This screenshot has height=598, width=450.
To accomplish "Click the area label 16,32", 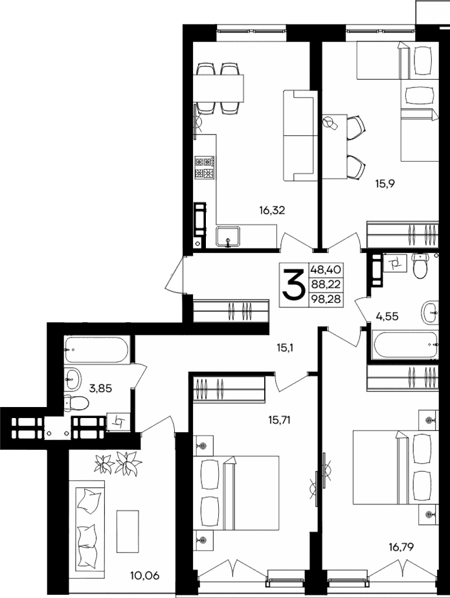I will tap(272, 210).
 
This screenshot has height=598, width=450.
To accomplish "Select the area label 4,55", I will tap(388, 317).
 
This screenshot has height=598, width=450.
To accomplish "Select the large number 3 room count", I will tap(294, 285).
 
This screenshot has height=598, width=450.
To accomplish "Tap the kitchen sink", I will tap(227, 237).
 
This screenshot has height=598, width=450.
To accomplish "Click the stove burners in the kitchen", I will tap(205, 168).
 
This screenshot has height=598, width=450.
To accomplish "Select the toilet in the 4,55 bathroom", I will tap(420, 266).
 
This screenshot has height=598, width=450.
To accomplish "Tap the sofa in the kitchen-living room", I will tap(298, 135).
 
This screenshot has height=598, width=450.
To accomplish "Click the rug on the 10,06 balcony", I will tap(128, 530).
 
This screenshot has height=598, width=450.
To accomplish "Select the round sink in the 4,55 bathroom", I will tap(430, 312).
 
